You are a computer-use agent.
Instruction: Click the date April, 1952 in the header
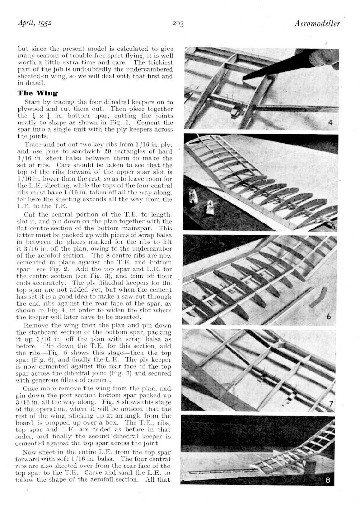pyautogui.click(x=34, y=23)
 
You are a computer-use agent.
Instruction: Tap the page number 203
pyautogui.click(x=178, y=24)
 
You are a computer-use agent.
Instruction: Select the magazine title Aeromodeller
pyautogui.click(x=317, y=23)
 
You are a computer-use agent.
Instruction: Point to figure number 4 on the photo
pyautogui.click(x=330, y=122)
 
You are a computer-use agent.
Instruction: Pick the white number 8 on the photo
pyautogui.click(x=328, y=481)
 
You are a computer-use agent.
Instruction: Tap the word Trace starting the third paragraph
pyautogui.click(x=33, y=145)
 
